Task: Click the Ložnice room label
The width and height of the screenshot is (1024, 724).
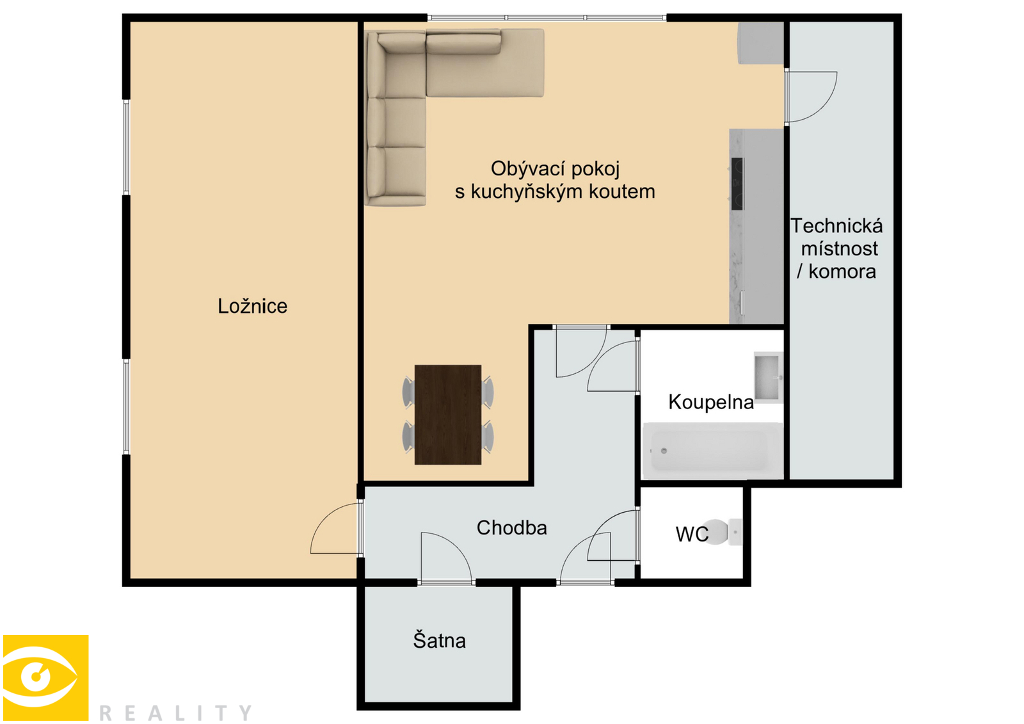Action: [252, 306]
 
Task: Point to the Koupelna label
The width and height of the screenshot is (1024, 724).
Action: [711, 402]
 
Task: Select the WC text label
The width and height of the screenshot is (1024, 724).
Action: [692, 534]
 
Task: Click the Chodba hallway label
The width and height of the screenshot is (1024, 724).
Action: [511, 527]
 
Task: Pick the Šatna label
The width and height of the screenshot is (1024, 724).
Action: [439, 640]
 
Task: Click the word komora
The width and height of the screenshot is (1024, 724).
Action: [842, 271]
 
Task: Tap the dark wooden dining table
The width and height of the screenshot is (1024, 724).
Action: [447, 415]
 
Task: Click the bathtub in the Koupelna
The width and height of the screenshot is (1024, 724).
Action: [712, 451]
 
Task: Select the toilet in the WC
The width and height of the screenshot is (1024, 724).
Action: [722, 532]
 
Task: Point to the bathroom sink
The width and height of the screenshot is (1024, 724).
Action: [768, 377]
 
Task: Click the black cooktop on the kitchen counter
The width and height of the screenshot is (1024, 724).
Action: [737, 184]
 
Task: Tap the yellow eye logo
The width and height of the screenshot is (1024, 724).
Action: [45, 677]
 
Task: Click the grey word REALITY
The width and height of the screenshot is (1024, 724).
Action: [175, 712]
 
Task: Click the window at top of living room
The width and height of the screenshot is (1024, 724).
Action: [547, 17]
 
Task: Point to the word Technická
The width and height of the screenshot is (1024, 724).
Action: [836, 226]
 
